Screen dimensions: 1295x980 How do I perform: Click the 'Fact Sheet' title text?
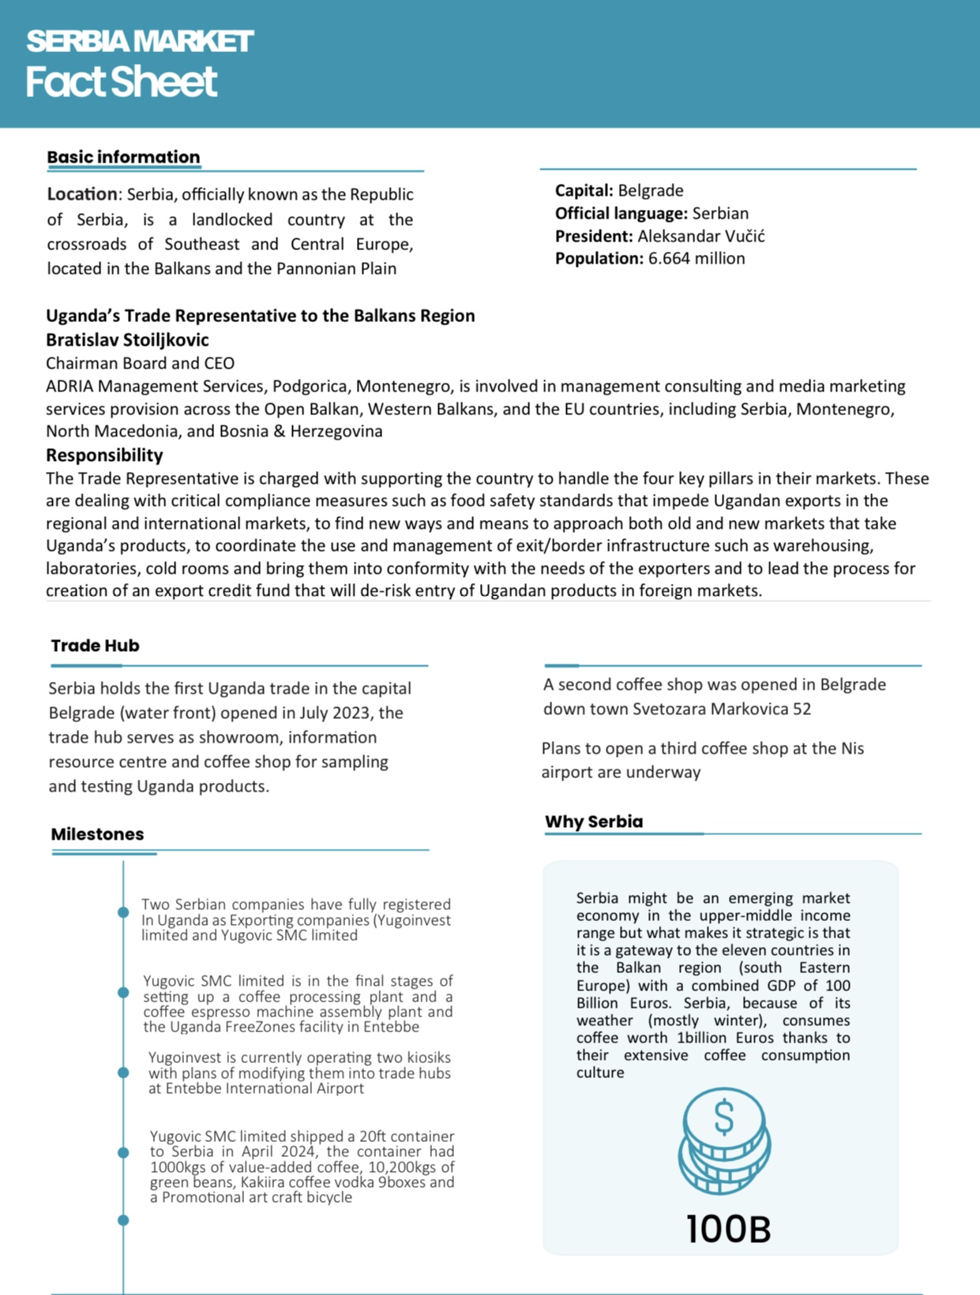121,82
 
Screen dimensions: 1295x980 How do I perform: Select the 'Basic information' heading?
123,157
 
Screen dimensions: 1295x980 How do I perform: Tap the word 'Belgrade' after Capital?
651,190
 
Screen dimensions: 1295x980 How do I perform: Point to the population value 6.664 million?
697,258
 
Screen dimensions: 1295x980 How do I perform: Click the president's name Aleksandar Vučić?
701,236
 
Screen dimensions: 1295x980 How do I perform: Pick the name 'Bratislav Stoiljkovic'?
127,340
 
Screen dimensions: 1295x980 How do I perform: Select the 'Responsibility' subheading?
104,455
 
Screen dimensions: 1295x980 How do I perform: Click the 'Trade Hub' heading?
95,646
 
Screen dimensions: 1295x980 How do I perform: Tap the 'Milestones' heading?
97,834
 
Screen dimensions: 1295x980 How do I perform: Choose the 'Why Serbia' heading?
594,822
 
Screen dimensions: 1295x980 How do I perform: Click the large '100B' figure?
727,1229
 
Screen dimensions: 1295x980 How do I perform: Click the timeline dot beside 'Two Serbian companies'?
123,912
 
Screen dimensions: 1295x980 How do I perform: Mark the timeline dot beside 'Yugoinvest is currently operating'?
123,1072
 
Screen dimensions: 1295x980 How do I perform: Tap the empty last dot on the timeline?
123,1220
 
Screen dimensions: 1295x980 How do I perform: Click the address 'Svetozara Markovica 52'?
722,709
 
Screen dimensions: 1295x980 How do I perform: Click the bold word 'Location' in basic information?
81,194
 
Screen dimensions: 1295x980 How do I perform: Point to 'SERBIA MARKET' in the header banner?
140,41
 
